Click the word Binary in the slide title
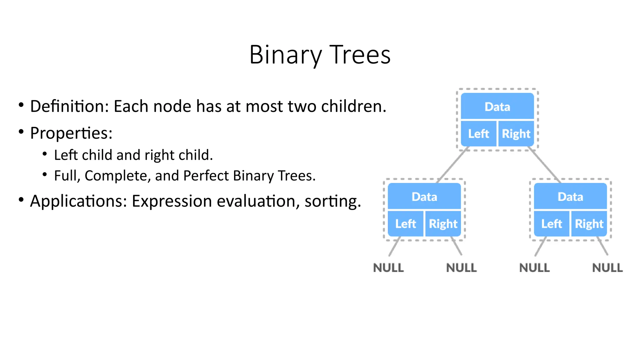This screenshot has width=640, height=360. (285, 55)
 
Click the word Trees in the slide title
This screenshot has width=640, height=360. (360, 55)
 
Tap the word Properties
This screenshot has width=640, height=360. (71, 133)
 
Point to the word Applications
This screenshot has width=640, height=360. (78, 201)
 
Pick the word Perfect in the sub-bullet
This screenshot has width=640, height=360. (206, 176)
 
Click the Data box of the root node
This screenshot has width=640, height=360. (497, 107)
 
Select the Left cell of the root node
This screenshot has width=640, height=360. (478, 134)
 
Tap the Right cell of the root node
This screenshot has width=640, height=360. (516, 134)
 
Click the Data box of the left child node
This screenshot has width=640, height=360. (424, 197)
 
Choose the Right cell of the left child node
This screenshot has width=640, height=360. (443, 224)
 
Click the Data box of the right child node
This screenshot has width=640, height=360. (570, 197)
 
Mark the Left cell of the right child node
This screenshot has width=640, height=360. (552, 224)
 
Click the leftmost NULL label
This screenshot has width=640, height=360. (388, 268)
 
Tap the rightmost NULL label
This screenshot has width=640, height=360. (607, 268)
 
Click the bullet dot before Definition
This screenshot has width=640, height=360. (21, 105)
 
